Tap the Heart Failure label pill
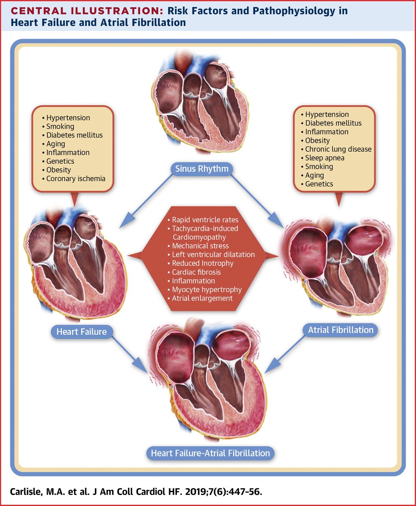coord(81,331)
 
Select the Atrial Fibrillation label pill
coord(340,330)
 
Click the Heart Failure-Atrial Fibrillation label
coord(210,453)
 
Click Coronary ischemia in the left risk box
coord(75,179)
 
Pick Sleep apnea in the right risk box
coord(324,158)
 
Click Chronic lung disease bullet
coord(338,149)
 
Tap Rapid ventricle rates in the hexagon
coord(205,220)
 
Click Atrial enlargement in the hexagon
coord(202,298)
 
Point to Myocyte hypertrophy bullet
coord(206,289)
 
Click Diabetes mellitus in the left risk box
coord(74,135)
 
